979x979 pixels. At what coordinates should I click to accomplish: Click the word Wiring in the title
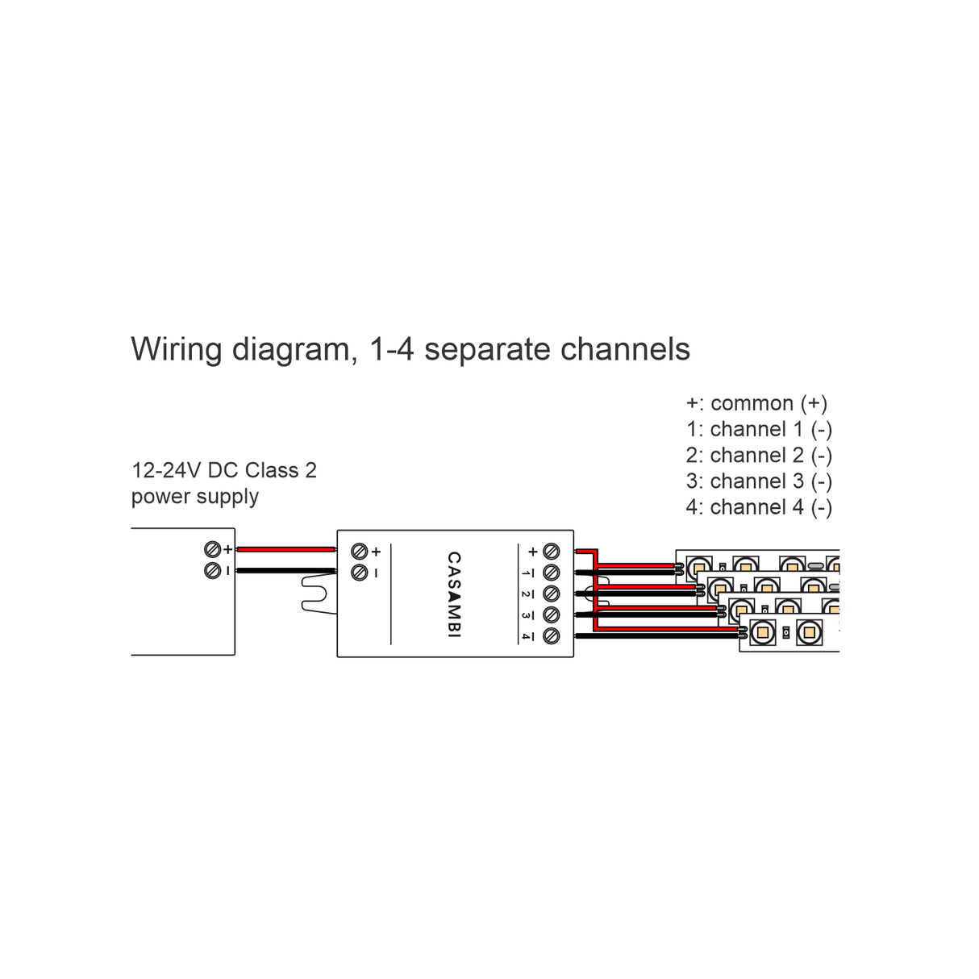177,350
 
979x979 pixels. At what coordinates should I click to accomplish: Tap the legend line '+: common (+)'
756,403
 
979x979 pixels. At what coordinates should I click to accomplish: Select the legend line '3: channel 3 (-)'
759,481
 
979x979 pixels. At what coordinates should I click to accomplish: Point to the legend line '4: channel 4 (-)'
759,507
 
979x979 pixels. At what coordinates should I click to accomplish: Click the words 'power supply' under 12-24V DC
195,496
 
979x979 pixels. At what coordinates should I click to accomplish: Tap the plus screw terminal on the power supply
213,550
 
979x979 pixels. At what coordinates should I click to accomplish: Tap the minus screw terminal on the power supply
213,570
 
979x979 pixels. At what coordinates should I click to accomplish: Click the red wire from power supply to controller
286,549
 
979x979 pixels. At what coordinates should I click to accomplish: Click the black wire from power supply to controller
286,571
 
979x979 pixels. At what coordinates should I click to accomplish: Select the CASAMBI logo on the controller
454,595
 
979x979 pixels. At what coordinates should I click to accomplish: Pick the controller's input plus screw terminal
360,552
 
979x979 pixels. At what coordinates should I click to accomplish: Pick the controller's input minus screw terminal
360,573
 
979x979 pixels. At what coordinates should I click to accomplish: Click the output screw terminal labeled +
552,552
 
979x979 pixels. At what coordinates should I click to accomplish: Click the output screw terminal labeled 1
552,573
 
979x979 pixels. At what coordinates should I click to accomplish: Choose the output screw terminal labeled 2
552,594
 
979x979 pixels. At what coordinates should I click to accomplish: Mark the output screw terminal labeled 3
552,615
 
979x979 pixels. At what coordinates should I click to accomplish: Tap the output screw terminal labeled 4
552,636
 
